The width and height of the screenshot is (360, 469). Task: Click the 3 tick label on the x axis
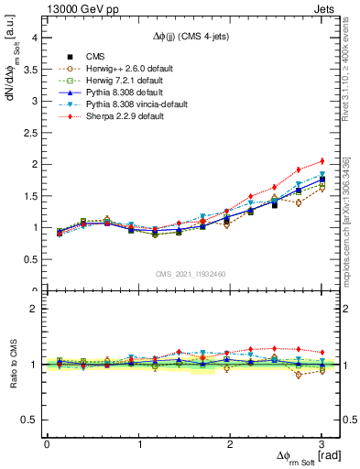click(322, 444)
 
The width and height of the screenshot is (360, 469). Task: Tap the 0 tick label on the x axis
click(47, 444)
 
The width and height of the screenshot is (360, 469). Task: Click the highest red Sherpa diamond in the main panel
click(322, 161)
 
